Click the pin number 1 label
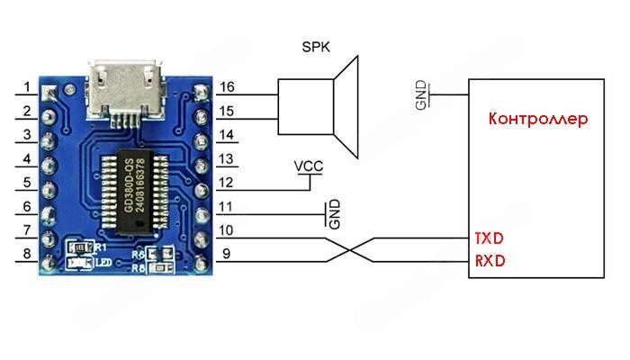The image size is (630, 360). (x=28, y=87)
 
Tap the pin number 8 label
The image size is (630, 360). (x=28, y=255)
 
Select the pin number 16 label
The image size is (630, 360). (x=228, y=87)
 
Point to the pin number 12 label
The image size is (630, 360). (x=228, y=183)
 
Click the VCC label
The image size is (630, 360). (x=308, y=167)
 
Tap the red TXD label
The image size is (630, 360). (x=489, y=238)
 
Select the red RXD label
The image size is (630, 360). (x=489, y=261)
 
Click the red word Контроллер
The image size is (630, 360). (x=537, y=118)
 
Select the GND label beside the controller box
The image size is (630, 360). (x=421, y=97)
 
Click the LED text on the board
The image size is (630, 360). (x=103, y=262)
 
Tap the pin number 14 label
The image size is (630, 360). (x=228, y=135)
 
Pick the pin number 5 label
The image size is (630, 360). (x=28, y=183)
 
